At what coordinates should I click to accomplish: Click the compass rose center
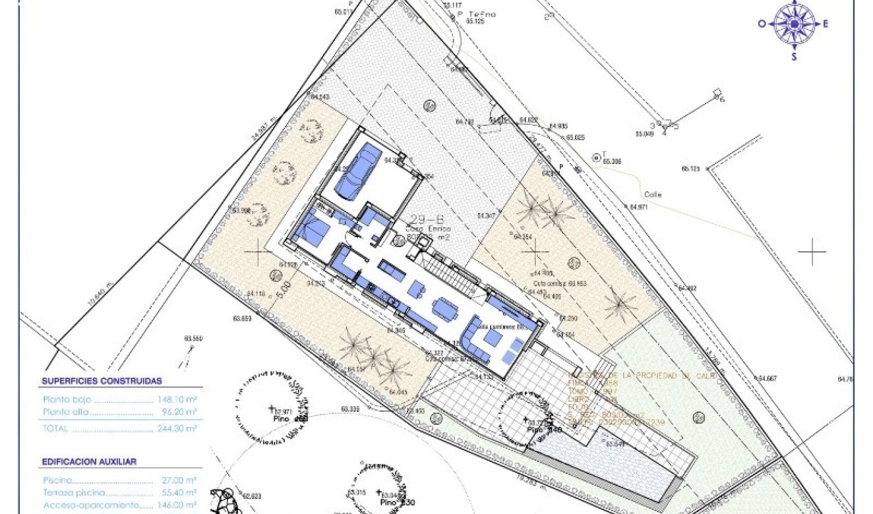pos(794,24)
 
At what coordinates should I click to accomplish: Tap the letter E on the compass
pos(825,24)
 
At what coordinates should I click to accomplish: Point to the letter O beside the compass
pos(762,24)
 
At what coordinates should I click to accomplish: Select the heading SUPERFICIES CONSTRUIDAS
pos(102,381)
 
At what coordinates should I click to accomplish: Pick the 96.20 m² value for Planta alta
pos(183,413)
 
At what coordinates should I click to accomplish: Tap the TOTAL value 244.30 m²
pos(180,428)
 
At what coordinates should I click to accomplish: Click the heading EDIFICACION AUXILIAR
pos(89,462)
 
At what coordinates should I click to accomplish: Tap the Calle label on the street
pos(653,194)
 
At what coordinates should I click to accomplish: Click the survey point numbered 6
pos(722,100)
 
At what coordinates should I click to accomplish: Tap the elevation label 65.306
pos(612,161)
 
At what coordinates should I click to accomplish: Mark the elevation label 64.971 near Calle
pos(639,207)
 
